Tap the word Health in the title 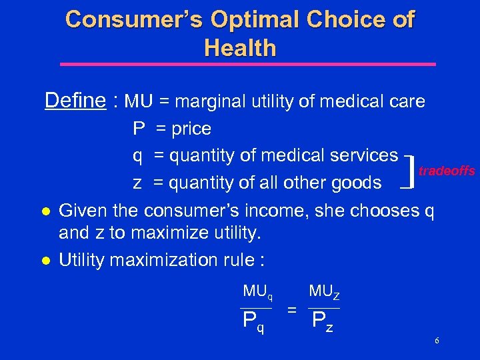240,48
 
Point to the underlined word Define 75,101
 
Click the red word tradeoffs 447,171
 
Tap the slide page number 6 436,341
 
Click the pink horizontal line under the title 247,65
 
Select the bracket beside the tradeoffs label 411,169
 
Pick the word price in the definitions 191,129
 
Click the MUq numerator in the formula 257,291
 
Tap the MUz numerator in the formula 325,291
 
